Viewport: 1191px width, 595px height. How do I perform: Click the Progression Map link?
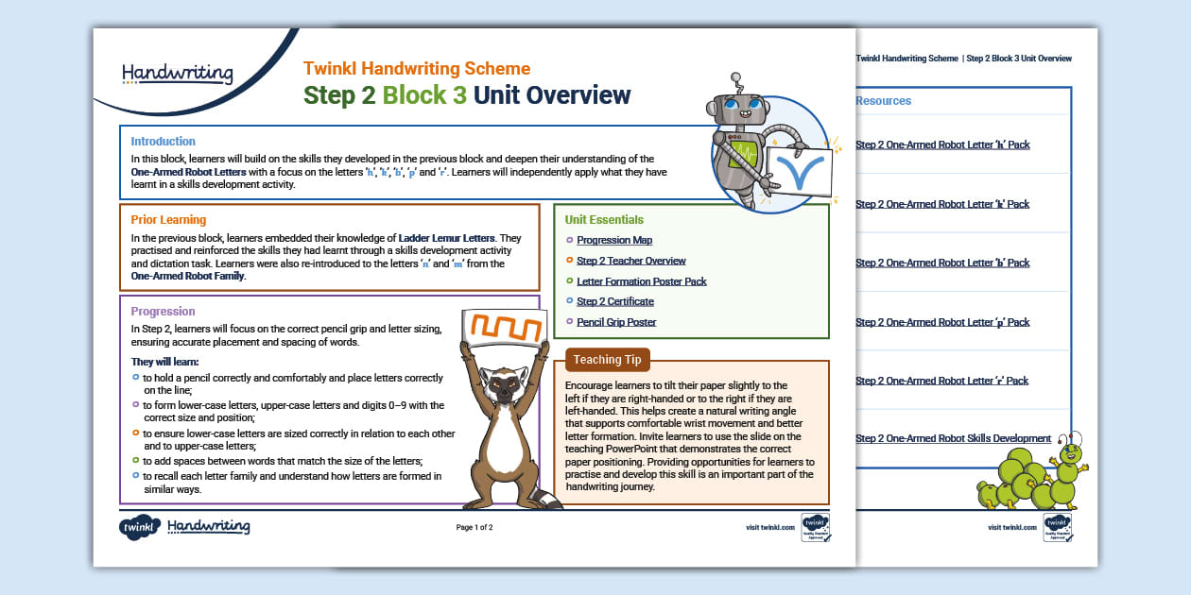coord(614,241)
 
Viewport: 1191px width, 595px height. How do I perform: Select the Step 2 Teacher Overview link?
coord(631,261)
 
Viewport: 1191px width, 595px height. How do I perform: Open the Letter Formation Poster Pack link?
coord(642,281)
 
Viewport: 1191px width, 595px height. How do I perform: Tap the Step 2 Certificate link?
coord(615,301)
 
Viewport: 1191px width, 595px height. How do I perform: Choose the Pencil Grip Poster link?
coord(616,322)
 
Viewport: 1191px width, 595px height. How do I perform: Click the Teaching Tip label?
coord(607,360)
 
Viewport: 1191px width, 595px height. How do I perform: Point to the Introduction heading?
coord(164,142)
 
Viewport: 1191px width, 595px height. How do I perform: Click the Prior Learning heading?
coord(168,220)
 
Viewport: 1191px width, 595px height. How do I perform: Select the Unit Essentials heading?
coord(604,220)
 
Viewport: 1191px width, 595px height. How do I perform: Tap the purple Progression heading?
coord(164,312)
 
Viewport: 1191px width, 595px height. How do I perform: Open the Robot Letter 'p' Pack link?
coord(942,322)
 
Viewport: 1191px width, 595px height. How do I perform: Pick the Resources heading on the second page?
coord(883,101)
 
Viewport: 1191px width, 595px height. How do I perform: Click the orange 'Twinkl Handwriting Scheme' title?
coord(417,69)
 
